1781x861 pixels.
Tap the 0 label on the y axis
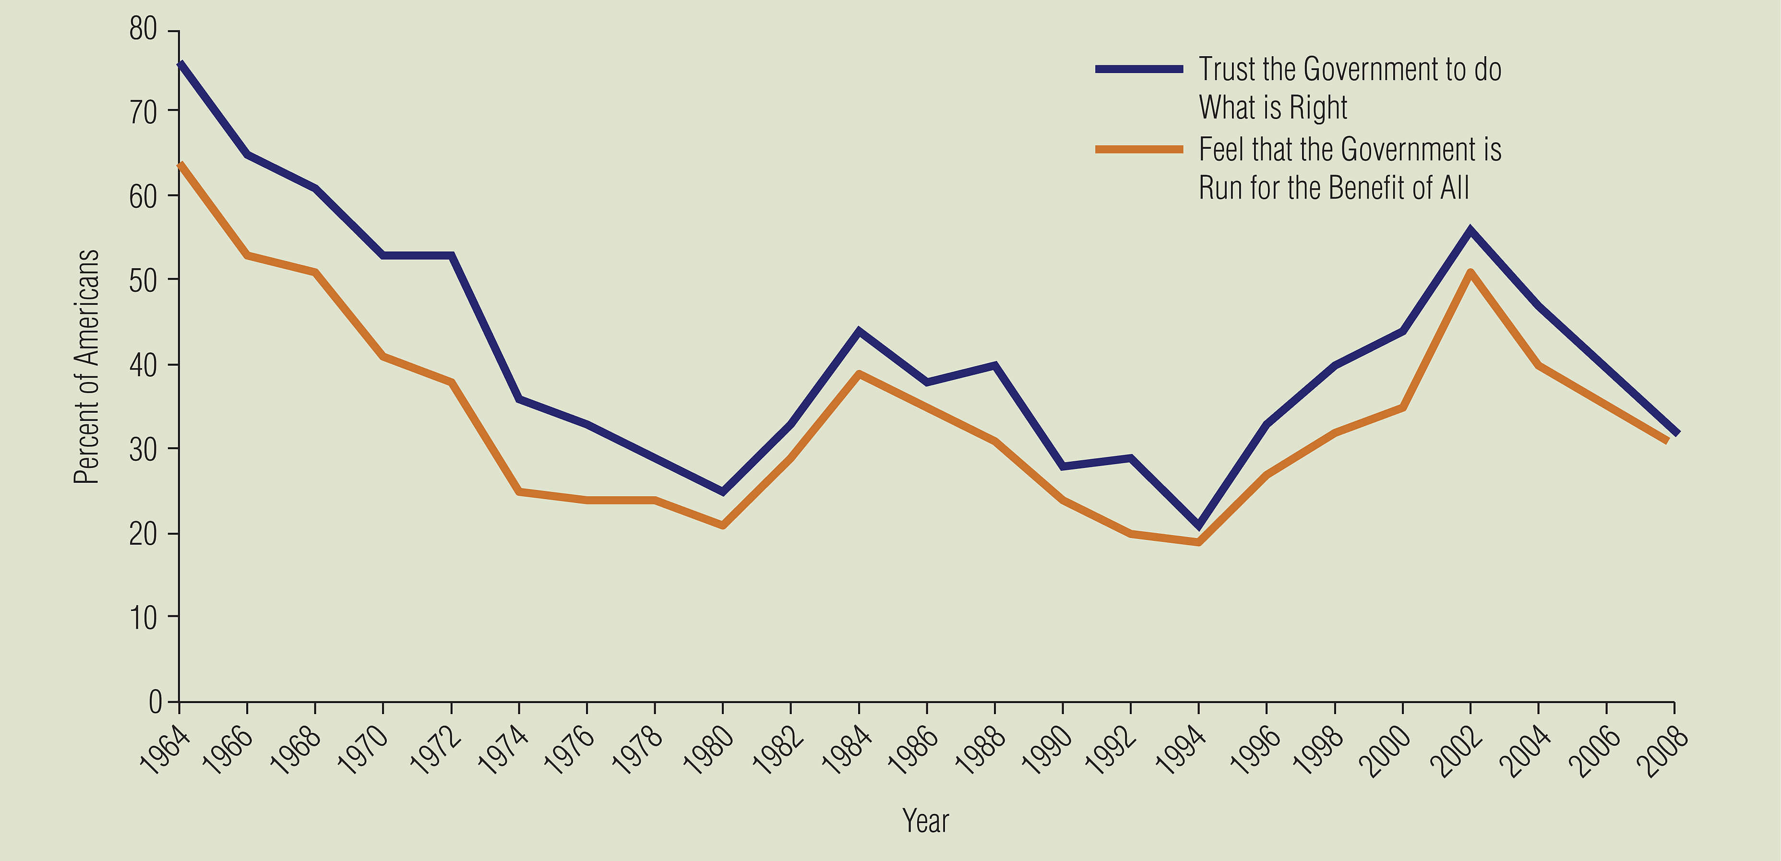tap(155, 702)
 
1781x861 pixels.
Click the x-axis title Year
tap(925, 821)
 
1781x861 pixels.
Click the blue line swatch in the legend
tap(1139, 69)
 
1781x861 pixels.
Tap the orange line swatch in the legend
tap(1139, 149)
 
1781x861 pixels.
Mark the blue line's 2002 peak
tap(1470, 230)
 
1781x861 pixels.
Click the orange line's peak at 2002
tap(1470, 273)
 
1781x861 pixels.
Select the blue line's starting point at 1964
tap(180, 64)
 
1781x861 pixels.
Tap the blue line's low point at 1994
tap(1198, 526)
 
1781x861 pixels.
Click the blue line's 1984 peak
tap(859, 331)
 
